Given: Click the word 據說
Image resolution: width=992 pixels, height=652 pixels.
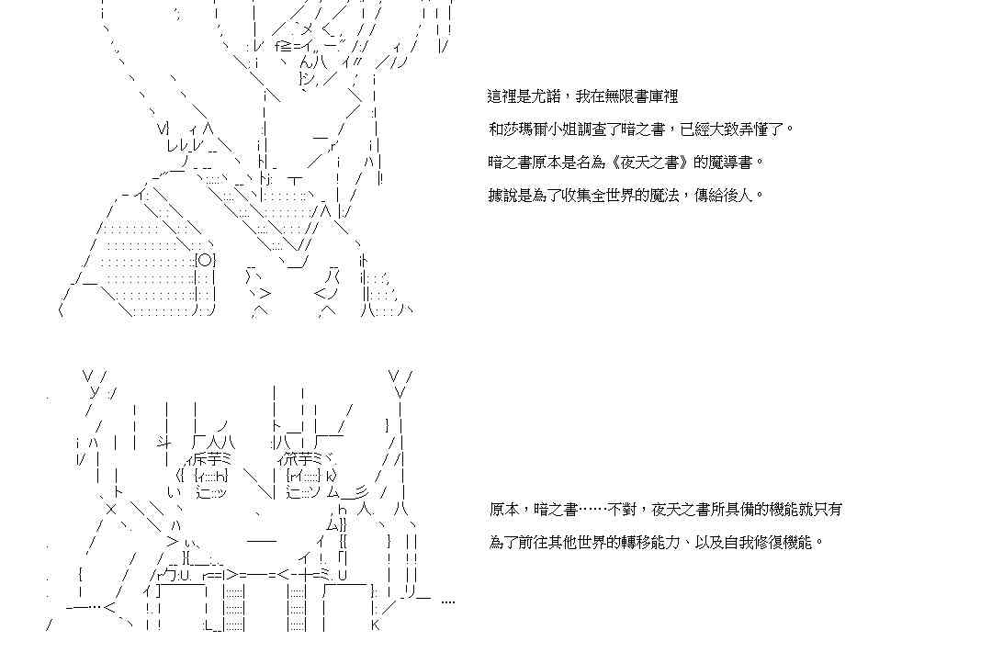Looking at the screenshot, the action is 502,196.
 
